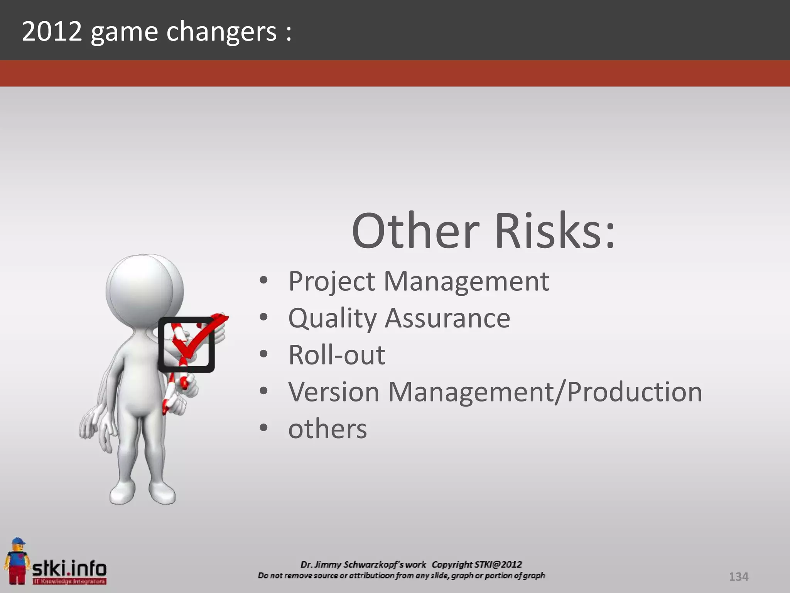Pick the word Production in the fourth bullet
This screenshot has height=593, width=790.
pos(635,392)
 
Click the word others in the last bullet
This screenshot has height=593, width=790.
pos(327,429)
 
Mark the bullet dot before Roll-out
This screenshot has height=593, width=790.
pos(263,354)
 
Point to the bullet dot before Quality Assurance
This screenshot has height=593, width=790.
pos(263,317)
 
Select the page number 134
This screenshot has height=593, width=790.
pos(738,577)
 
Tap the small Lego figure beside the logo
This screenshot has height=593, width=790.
pos(16,560)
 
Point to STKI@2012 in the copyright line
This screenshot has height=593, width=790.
pos(498,564)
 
